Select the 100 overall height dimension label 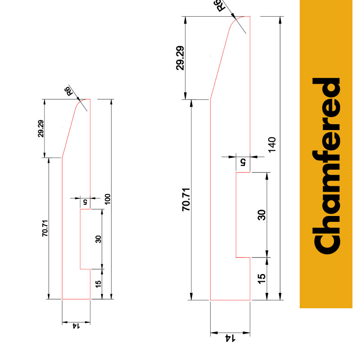coord(108,199)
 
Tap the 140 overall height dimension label coord(272,144)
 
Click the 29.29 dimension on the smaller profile coord(41,129)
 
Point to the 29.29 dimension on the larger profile coord(180,58)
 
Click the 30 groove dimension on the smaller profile coord(99,239)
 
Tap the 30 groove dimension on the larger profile coord(261,214)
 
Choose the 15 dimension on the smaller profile coord(99,283)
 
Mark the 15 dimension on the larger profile coord(261,278)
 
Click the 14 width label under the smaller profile coord(76,326)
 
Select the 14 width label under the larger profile coord(230,337)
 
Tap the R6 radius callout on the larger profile coord(221,6)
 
